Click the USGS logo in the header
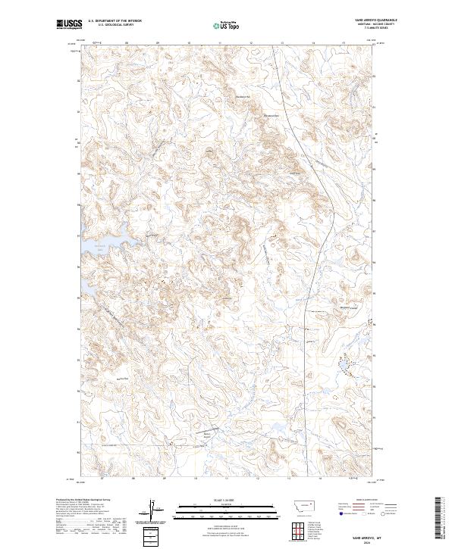click(68, 25)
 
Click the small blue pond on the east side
click(344, 367)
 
